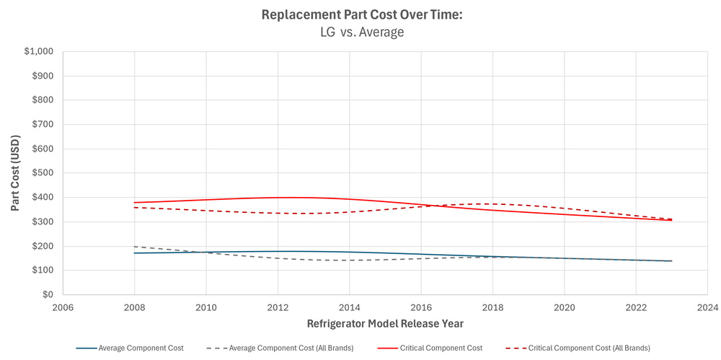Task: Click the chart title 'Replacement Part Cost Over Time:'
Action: pyautogui.click(x=360, y=14)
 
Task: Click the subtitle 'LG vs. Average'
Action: pyautogui.click(x=360, y=32)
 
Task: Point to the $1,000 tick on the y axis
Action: pyautogui.click(x=38, y=52)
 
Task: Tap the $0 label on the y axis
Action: pyautogui.click(x=48, y=294)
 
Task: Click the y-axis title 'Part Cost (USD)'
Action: pyautogui.click(x=15, y=173)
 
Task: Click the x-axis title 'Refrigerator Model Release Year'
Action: pyautogui.click(x=385, y=323)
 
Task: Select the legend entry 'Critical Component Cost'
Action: pyautogui.click(x=441, y=348)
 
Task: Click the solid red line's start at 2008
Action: pyautogui.click(x=135, y=203)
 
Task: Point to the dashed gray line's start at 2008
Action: pyautogui.click(x=135, y=247)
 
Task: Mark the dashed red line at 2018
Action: pyautogui.click(x=492, y=203)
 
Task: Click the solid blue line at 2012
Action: pyautogui.click(x=278, y=251)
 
